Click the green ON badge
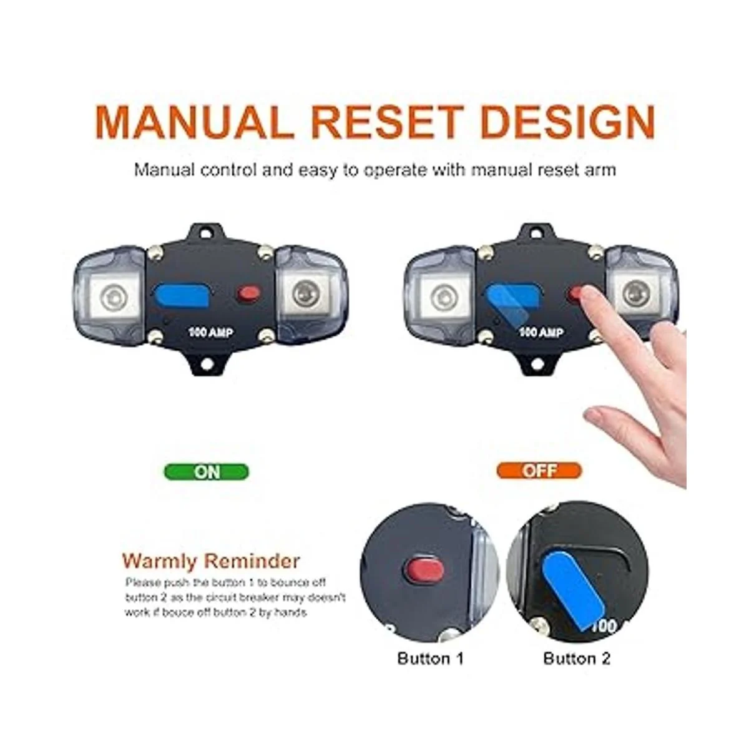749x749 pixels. click(x=206, y=472)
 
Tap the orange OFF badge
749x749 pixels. click(x=539, y=471)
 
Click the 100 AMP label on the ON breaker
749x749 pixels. click(x=211, y=333)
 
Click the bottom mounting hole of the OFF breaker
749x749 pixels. click(x=537, y=364)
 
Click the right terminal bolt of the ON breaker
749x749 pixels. click(x=305, y=295)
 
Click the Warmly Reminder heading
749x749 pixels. click(x=211, y=561)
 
